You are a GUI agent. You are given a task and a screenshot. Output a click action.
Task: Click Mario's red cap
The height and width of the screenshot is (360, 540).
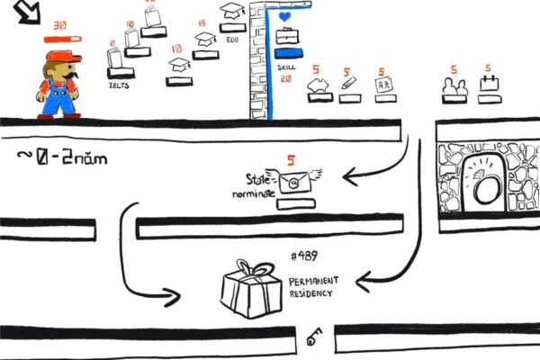(58, 58)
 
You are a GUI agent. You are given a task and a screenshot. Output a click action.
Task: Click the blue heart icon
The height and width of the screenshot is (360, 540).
(285, 17)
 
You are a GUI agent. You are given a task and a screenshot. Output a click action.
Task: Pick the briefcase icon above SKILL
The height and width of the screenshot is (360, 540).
(286, 37)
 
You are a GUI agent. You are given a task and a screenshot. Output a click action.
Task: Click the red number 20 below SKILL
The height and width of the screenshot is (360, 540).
(285, 79)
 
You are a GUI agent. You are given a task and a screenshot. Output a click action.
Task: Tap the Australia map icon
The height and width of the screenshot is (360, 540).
(317, 85)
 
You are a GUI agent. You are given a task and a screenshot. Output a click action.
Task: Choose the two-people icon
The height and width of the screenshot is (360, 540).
(454, 85)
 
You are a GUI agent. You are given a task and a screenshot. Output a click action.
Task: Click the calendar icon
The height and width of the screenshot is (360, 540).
(489, 84)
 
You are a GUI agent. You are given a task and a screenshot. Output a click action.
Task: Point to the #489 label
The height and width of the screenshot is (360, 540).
(305, 256)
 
